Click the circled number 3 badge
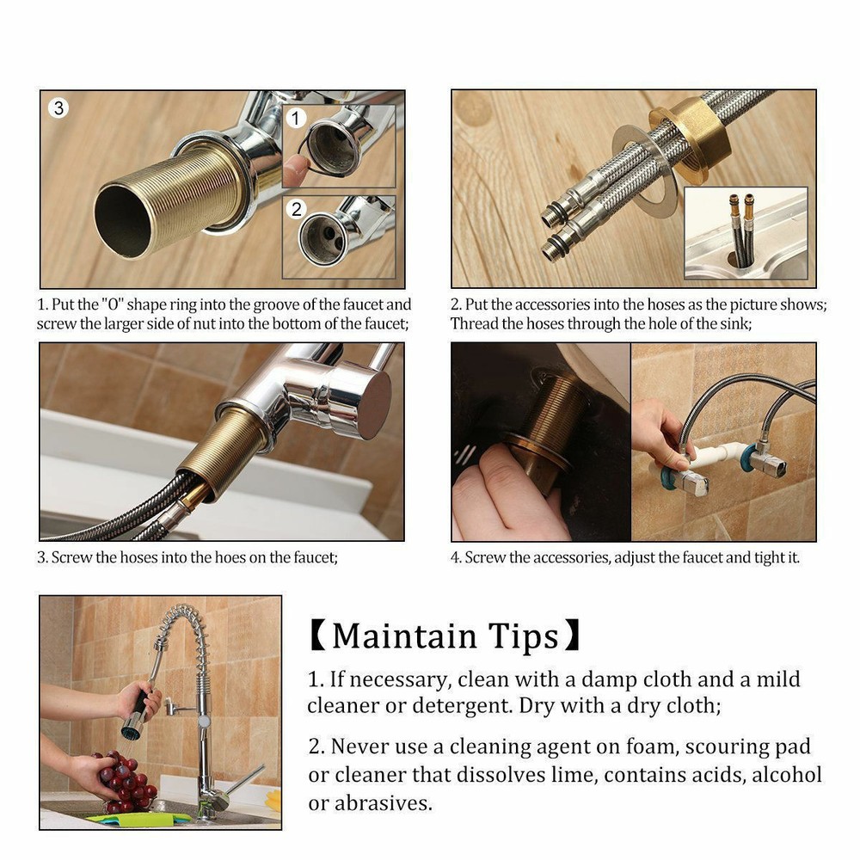(58, 108)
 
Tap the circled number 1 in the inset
(296, 119)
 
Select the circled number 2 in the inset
(297, 208)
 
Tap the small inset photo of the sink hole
(746, 233)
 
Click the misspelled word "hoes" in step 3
(209, 557)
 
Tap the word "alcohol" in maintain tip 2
(787, 775)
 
